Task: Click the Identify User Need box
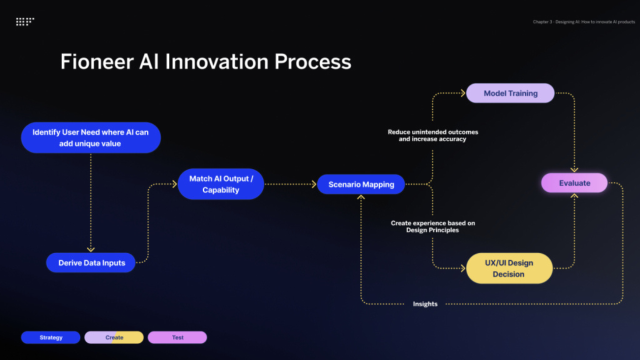tap(90, 137)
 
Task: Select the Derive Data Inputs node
tap(91, 263)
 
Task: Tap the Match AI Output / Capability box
tap(220, 184)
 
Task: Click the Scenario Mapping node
tap(361, 184)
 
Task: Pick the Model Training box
tap(510, 93)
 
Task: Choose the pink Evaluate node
tap(574, 183)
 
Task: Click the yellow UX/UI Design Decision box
tap(509, 268)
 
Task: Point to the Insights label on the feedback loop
tap(425, 304)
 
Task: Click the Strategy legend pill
tap(50, 337)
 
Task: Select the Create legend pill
tap(114, 337)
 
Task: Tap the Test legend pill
tap(177, 337)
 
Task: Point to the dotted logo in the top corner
tap(25, 21)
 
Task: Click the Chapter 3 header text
tap(583, 22)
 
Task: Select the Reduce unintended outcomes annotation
tap(432, 135)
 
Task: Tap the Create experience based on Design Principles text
tap(432, 226)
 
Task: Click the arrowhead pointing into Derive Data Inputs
tap(90, 249)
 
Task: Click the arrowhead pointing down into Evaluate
tap(574, 169)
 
